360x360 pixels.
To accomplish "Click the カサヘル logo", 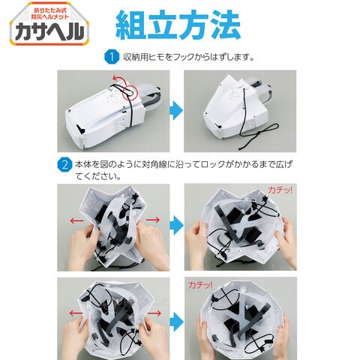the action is [x=49, y=24].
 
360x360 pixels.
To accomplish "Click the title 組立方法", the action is [x=178, y=25].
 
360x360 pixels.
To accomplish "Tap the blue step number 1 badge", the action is [x=112, y=57].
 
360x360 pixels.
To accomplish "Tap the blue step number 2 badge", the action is [x=64, y=165].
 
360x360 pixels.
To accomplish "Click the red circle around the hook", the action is [x=130, y=91].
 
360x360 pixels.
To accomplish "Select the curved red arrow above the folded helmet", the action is [x=119, y=79].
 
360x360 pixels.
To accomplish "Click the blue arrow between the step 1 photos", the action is [x=176, y=110].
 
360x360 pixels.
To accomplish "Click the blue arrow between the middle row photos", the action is [x=176, y=225].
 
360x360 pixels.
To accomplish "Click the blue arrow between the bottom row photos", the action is [x=176, y=322].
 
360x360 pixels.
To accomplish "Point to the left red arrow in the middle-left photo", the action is [x=76, y=220].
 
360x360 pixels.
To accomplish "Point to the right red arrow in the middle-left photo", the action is [x=153, y=220].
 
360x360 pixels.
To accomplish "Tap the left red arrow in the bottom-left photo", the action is [x=76, y=313].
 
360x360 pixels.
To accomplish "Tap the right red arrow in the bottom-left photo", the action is [x=154, y=313].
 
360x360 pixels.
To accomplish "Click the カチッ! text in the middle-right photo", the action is [x=280, y=190].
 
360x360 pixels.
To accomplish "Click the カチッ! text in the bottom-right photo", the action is [x=201, y=284].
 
